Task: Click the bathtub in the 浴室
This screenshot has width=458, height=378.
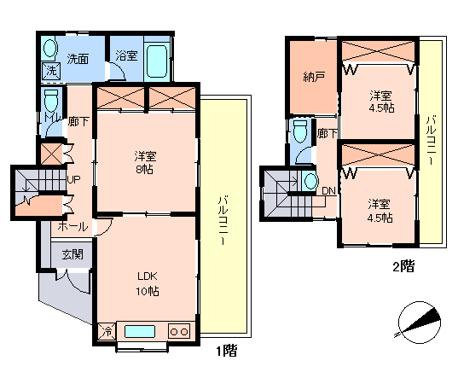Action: click(x=157, y=61)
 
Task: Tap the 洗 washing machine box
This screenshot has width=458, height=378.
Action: click(x=51, y=71)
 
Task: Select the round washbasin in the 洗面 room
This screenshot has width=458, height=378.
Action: click(x=49, y=48)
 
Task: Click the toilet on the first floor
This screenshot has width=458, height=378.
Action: click(x=51, y=101)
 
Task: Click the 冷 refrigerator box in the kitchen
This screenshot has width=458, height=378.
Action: click(x=107, y=331)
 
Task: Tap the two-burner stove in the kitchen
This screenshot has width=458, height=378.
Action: click(x=179, y=332)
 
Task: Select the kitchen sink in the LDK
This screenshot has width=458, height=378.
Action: click(x=140, y=332)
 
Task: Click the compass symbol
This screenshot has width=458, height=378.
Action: click(x=418, y=323)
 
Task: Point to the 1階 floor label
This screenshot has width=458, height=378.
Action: click(x=226, y=351)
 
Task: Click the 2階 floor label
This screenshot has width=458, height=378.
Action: click(x=403, y=266)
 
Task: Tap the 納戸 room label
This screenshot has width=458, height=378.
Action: click(x=314, y=77)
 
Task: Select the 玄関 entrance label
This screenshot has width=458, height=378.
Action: click(x=72, y=254)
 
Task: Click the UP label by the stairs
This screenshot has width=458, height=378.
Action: click(x=73, y=179)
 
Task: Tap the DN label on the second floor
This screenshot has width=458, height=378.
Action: click(x=328, y=191)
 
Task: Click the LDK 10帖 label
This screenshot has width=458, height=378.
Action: click(x=148, y=283)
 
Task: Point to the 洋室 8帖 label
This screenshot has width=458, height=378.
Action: click(x=145, y=162)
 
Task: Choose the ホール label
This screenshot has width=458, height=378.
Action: click(x=72, y=227)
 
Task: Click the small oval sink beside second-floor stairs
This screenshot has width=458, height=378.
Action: click(x=310, y=181)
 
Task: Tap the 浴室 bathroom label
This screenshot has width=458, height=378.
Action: click(x=126, y=55)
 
